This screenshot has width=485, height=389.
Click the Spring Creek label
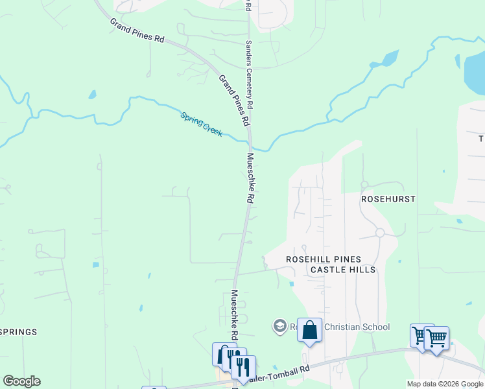point(202,124)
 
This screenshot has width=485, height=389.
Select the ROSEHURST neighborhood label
point(388,198)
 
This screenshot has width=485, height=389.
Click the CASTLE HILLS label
point(342,269)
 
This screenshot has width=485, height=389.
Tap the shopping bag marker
point(310,330)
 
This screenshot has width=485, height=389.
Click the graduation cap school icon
point(280,325)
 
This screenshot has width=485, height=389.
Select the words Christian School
point(355,327)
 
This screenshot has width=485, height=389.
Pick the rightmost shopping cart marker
point(437,338)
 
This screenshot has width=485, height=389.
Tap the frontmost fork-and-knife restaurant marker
point(243,367)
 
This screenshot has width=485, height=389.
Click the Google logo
point(21,381)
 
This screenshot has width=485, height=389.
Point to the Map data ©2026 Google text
point(444,384)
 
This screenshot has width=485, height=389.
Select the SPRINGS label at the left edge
point(18,332)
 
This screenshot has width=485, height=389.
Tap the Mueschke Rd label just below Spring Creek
point(249,178)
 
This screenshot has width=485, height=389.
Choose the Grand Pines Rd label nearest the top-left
point(137,30)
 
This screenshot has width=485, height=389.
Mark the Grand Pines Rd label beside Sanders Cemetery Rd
point(234,100)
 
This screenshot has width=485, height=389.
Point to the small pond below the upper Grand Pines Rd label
point(93,95)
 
